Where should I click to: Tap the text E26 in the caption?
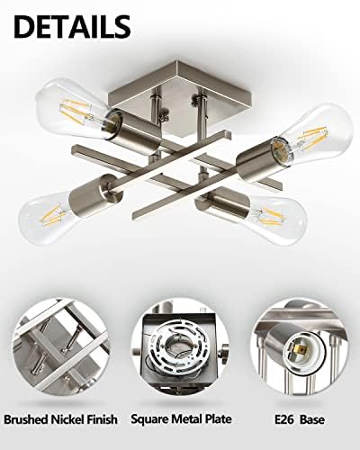point(286,420)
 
